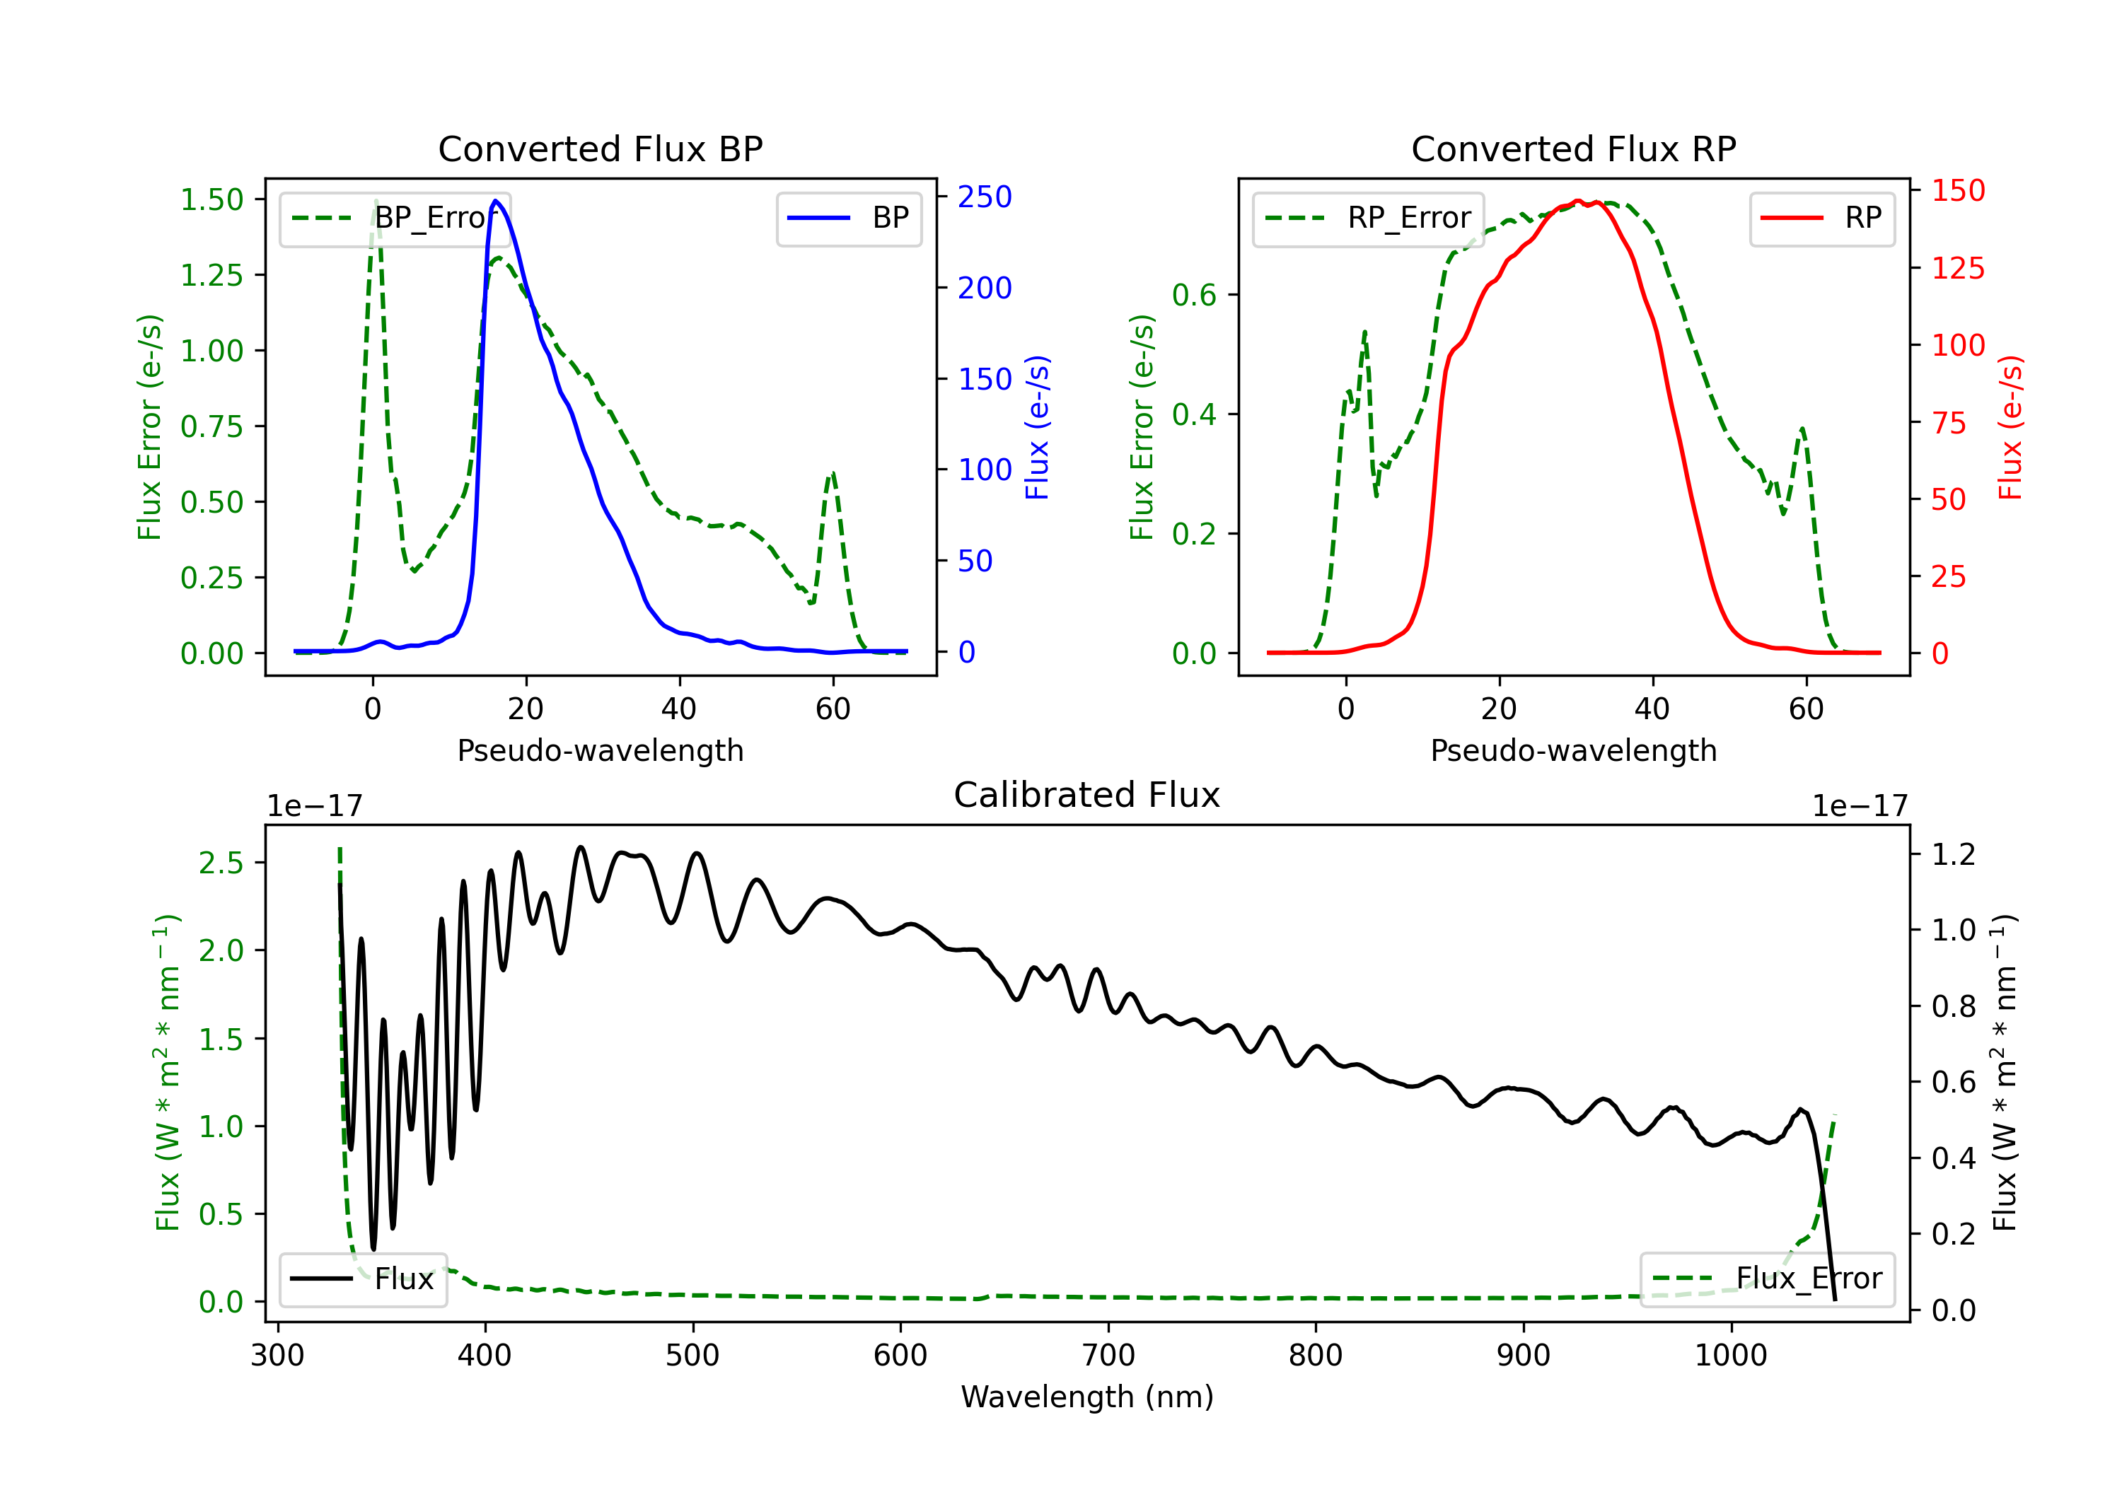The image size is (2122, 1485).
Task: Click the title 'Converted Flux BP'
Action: point(600,148)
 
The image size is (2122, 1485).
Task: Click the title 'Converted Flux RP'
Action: point(1573,148)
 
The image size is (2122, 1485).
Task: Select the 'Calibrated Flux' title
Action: point(1087,795)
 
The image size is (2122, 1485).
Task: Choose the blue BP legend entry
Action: point(848,218)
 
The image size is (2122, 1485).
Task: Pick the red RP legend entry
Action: point(1821,218)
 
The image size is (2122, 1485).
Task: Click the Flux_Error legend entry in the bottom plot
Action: point(1766,1279)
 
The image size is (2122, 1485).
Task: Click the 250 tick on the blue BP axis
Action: point(985,197)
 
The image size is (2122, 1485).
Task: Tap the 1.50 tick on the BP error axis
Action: point(211,199)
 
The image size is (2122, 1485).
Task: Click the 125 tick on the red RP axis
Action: point(1957,269)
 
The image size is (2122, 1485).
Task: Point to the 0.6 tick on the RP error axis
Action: point(1194,296)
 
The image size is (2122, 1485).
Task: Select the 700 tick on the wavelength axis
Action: point(1108,1356)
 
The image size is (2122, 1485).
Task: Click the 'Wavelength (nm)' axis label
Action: point(1087,1397)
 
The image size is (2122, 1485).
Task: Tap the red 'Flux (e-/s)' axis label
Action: point(2011,428)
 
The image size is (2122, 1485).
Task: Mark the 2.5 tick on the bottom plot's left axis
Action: point(221,863)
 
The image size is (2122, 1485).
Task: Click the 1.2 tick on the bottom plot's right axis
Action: point(1954,854)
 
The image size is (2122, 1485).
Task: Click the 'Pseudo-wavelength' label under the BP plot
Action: point(600,750)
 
